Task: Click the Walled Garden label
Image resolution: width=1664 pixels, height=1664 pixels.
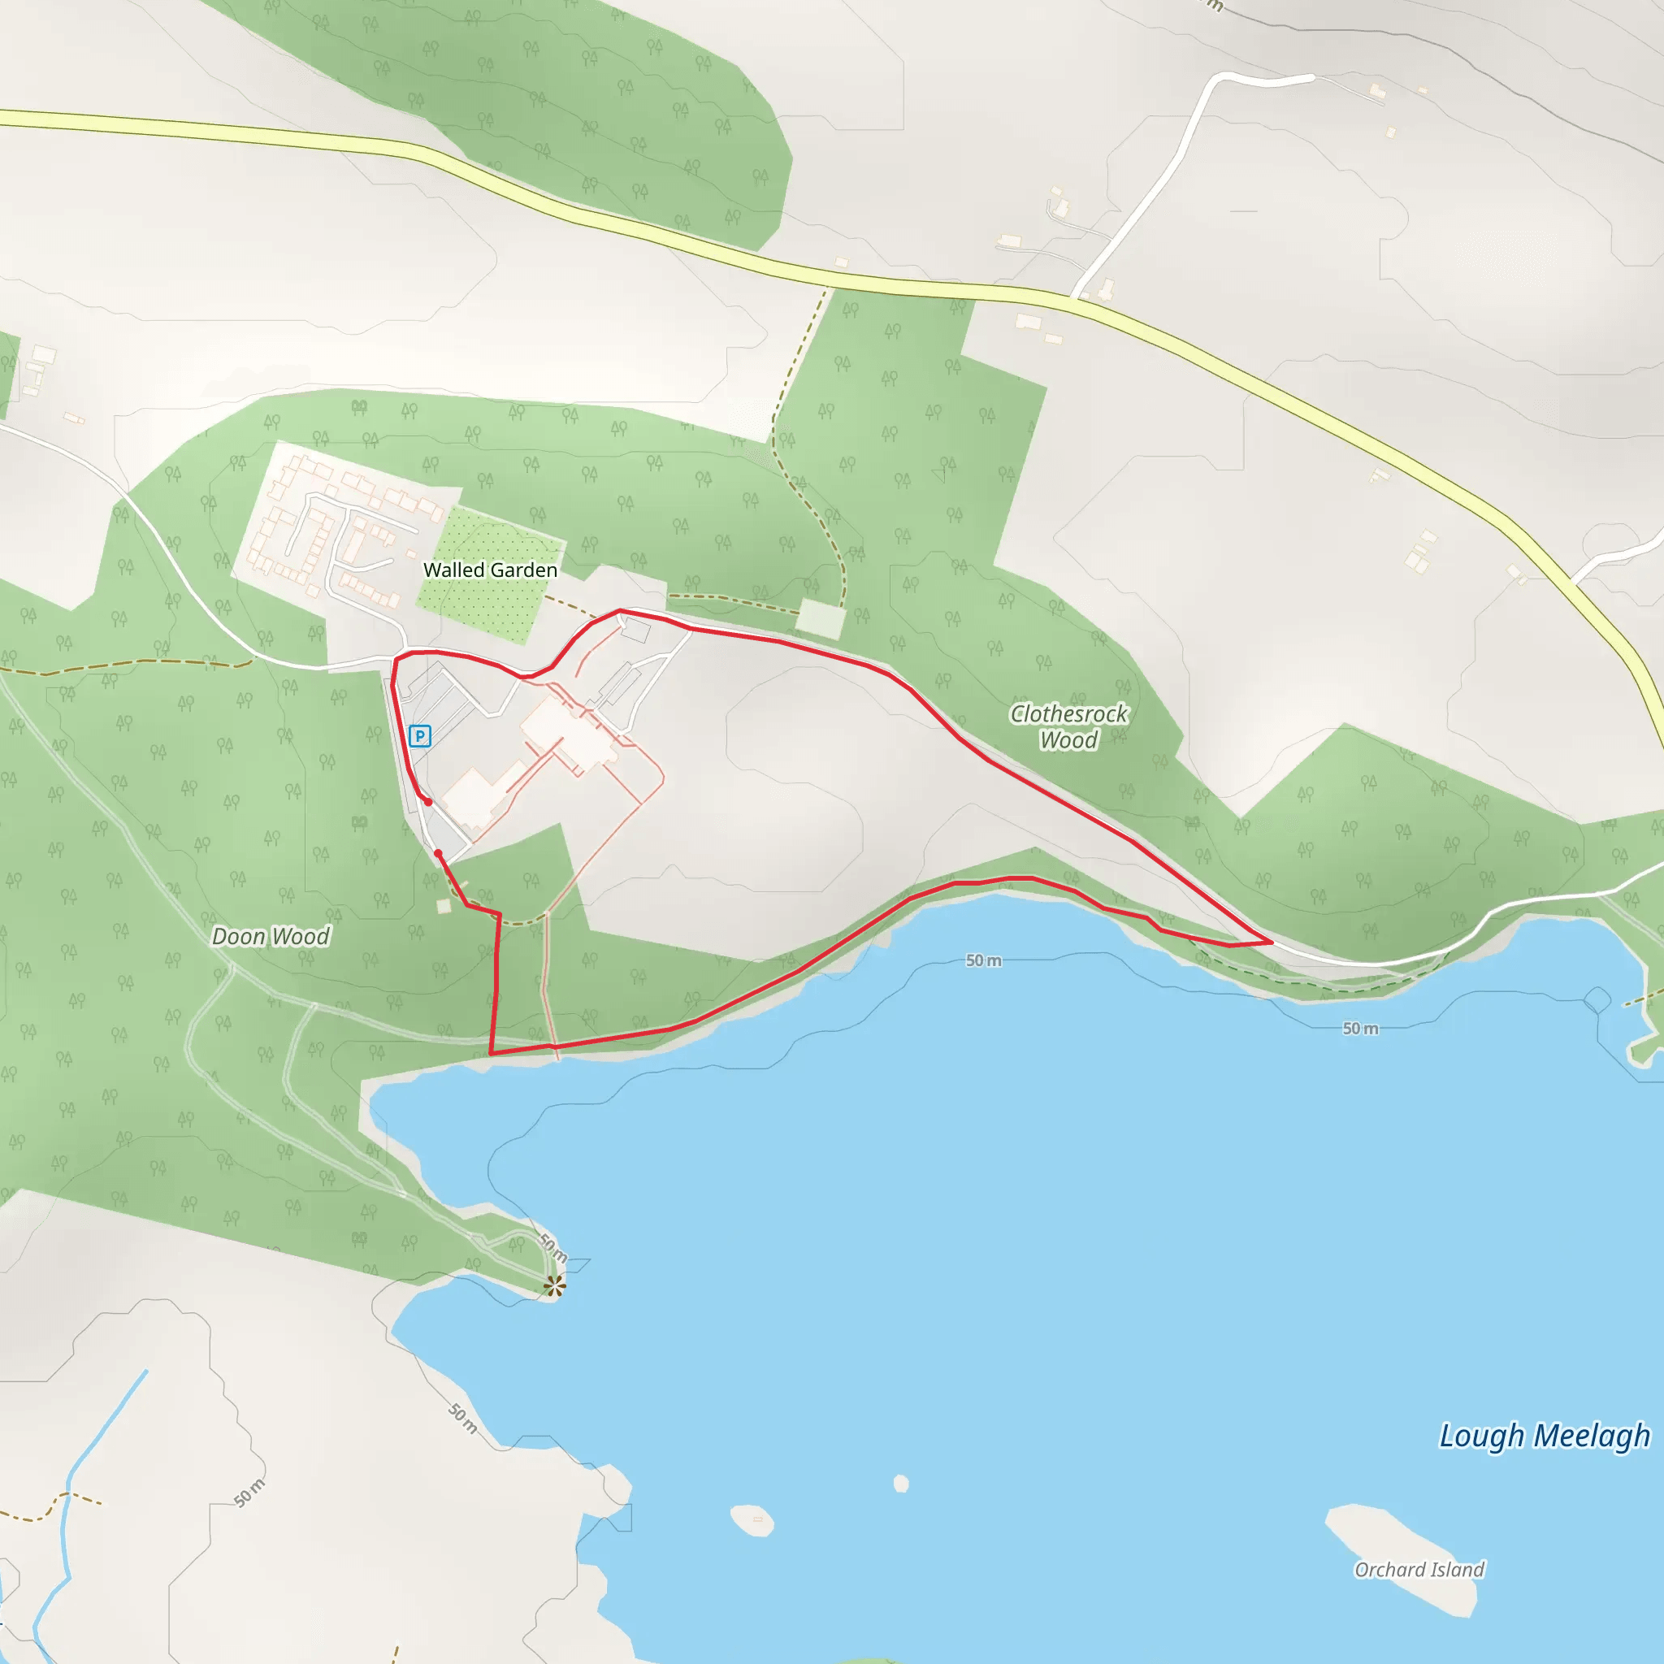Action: click(x=490, y=570)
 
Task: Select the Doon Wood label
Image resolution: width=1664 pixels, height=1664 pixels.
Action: click(x=271, y=936)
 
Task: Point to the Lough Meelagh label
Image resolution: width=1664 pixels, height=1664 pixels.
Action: click(x=1545, y=1436)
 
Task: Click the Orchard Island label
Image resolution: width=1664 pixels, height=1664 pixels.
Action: click(x=1419, y=1569)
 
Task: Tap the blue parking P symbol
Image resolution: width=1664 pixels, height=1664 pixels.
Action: click(x=419, y=735)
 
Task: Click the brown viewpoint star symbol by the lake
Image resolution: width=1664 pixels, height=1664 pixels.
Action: click(x=555, y=1287)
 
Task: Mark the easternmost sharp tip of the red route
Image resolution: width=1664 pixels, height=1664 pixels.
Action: click(x=1272, y=942)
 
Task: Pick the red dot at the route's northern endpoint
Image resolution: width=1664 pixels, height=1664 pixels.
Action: click(x=428, y=802)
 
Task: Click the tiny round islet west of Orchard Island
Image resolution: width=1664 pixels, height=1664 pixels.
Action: click(x=901, y=1483)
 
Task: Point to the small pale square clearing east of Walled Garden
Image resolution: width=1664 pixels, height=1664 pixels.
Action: click(x=820, y=619)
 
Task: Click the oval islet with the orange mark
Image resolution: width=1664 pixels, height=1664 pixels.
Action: click(x=752, y=1520)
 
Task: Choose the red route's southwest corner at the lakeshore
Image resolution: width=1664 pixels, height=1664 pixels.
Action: click(x=490, y=1053)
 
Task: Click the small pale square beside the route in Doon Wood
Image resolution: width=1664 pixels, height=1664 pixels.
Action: click(x=444, y=906)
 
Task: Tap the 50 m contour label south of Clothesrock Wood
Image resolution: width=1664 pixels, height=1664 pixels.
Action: click(x=983, y=960)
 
